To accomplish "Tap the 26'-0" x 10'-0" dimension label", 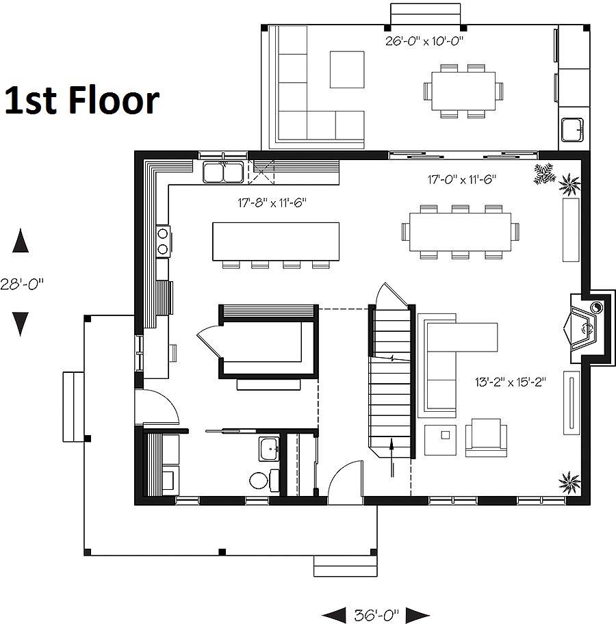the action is pos(424,41).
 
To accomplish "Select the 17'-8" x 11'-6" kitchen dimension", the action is pos(272,203).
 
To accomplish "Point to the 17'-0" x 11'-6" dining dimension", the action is pos(462,180).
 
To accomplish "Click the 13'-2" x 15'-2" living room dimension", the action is pos(510,382).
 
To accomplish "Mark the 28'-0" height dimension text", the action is pos(22,284).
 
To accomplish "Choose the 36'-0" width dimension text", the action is pos(376,614).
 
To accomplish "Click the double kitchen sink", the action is pos(223,172).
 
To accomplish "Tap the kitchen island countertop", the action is pos(276,242).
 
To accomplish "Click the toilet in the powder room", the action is pos(264,480).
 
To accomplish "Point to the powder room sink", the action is pos(269,449).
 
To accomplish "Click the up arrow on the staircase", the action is pos(392,457).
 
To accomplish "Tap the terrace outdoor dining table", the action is pos(463,91).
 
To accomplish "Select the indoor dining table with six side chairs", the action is pos(460,232).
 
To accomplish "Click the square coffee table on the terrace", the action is pos(347,70).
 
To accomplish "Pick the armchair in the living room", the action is pos(486,438).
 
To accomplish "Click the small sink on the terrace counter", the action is pos(572,130).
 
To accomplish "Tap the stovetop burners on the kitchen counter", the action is pos(163,241).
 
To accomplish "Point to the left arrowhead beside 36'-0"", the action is pos(334,615).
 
